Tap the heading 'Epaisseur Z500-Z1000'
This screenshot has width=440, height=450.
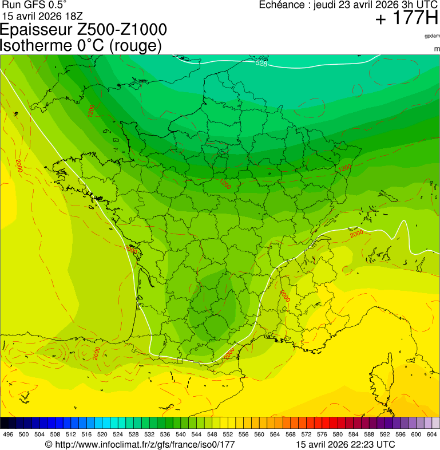pos(84,30)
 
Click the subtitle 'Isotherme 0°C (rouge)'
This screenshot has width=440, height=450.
pos(81,45)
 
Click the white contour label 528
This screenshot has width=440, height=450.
pos(261,64)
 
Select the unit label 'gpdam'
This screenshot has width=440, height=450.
pos(432,35)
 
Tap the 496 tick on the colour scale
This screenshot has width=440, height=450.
pos(8,435)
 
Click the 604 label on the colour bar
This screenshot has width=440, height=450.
pos(432,435)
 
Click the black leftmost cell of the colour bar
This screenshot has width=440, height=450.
pos(5,423)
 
